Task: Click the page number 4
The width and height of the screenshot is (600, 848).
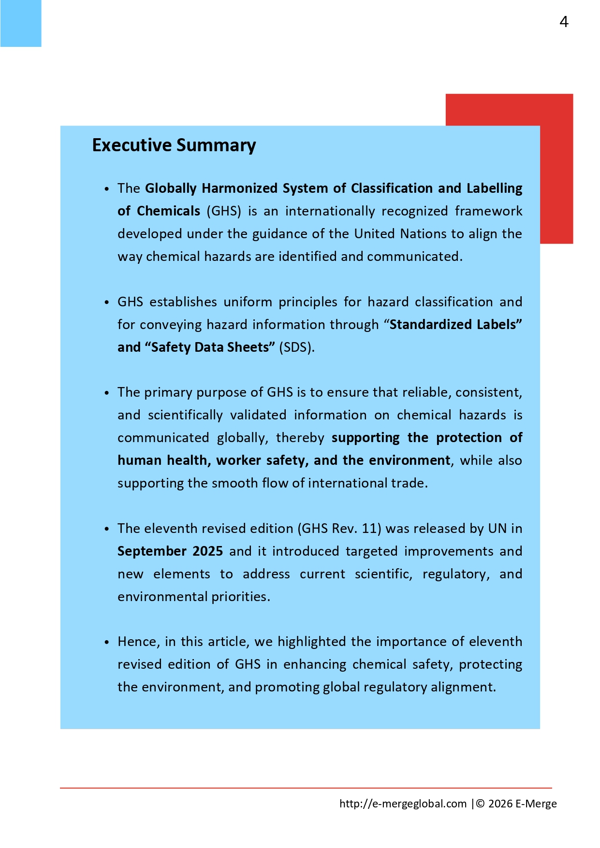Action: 564,22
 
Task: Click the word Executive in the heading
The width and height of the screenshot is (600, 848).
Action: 132,145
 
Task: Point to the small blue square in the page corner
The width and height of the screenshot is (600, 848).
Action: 20,23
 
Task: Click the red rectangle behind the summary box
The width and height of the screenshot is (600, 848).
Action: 556,169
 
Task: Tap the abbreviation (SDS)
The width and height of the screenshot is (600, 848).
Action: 297,347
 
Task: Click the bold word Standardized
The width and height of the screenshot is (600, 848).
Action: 428,325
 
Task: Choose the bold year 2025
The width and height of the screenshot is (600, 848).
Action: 207,551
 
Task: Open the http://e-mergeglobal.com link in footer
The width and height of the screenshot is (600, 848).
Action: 403,804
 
